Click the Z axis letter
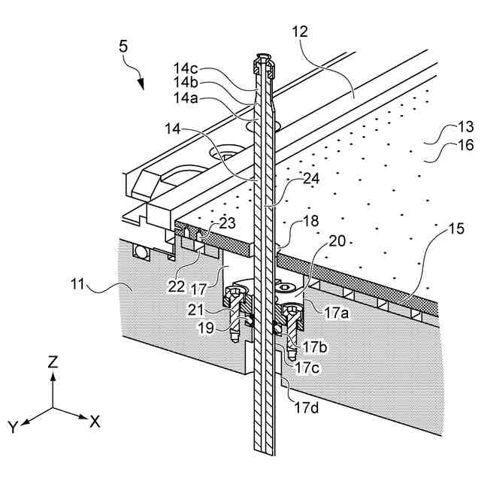click(53, 362)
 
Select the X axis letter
click(95, 422)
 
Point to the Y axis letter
click(13, 428)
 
